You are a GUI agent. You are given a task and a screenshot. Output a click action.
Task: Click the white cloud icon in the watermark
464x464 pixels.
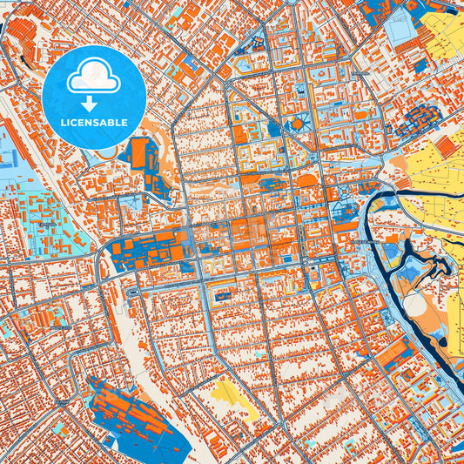tap(93, 77)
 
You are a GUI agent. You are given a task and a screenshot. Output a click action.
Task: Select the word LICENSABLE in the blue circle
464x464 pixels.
tap(93, 122)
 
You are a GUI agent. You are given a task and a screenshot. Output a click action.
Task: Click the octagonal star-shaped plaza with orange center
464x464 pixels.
tap(298, 124)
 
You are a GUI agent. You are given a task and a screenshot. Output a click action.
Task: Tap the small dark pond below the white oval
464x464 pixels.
tap(424, 333)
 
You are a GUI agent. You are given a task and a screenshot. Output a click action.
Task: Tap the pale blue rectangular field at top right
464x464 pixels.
tap(401, 30)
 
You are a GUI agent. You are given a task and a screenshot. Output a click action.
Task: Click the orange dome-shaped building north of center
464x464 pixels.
tap(307, 180)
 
